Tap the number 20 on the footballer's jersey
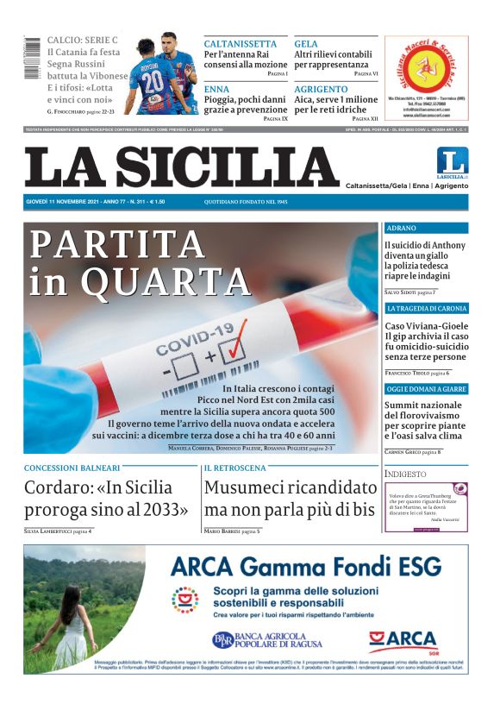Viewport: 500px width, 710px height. pyautogui.click(x=153, y=80)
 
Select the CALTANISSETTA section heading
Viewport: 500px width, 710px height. pyautogui.click(x=240, y=44)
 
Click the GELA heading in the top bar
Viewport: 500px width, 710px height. pyautogui.click(x=306, y=44)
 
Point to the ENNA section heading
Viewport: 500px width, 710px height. pyautogui.click(x=216, y=89)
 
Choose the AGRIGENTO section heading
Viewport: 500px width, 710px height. pyautogui.click(x=321, y=89)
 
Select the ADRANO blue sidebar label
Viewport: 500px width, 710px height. pyautogui.click(x=402, y=229)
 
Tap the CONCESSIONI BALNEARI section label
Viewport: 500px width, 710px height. pyautogui.click(x=72, y=468)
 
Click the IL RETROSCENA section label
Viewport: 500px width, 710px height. pyautogui.click(x=234, y=468)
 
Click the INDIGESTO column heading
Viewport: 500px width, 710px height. pyautogui.click(x=405, y=474)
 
